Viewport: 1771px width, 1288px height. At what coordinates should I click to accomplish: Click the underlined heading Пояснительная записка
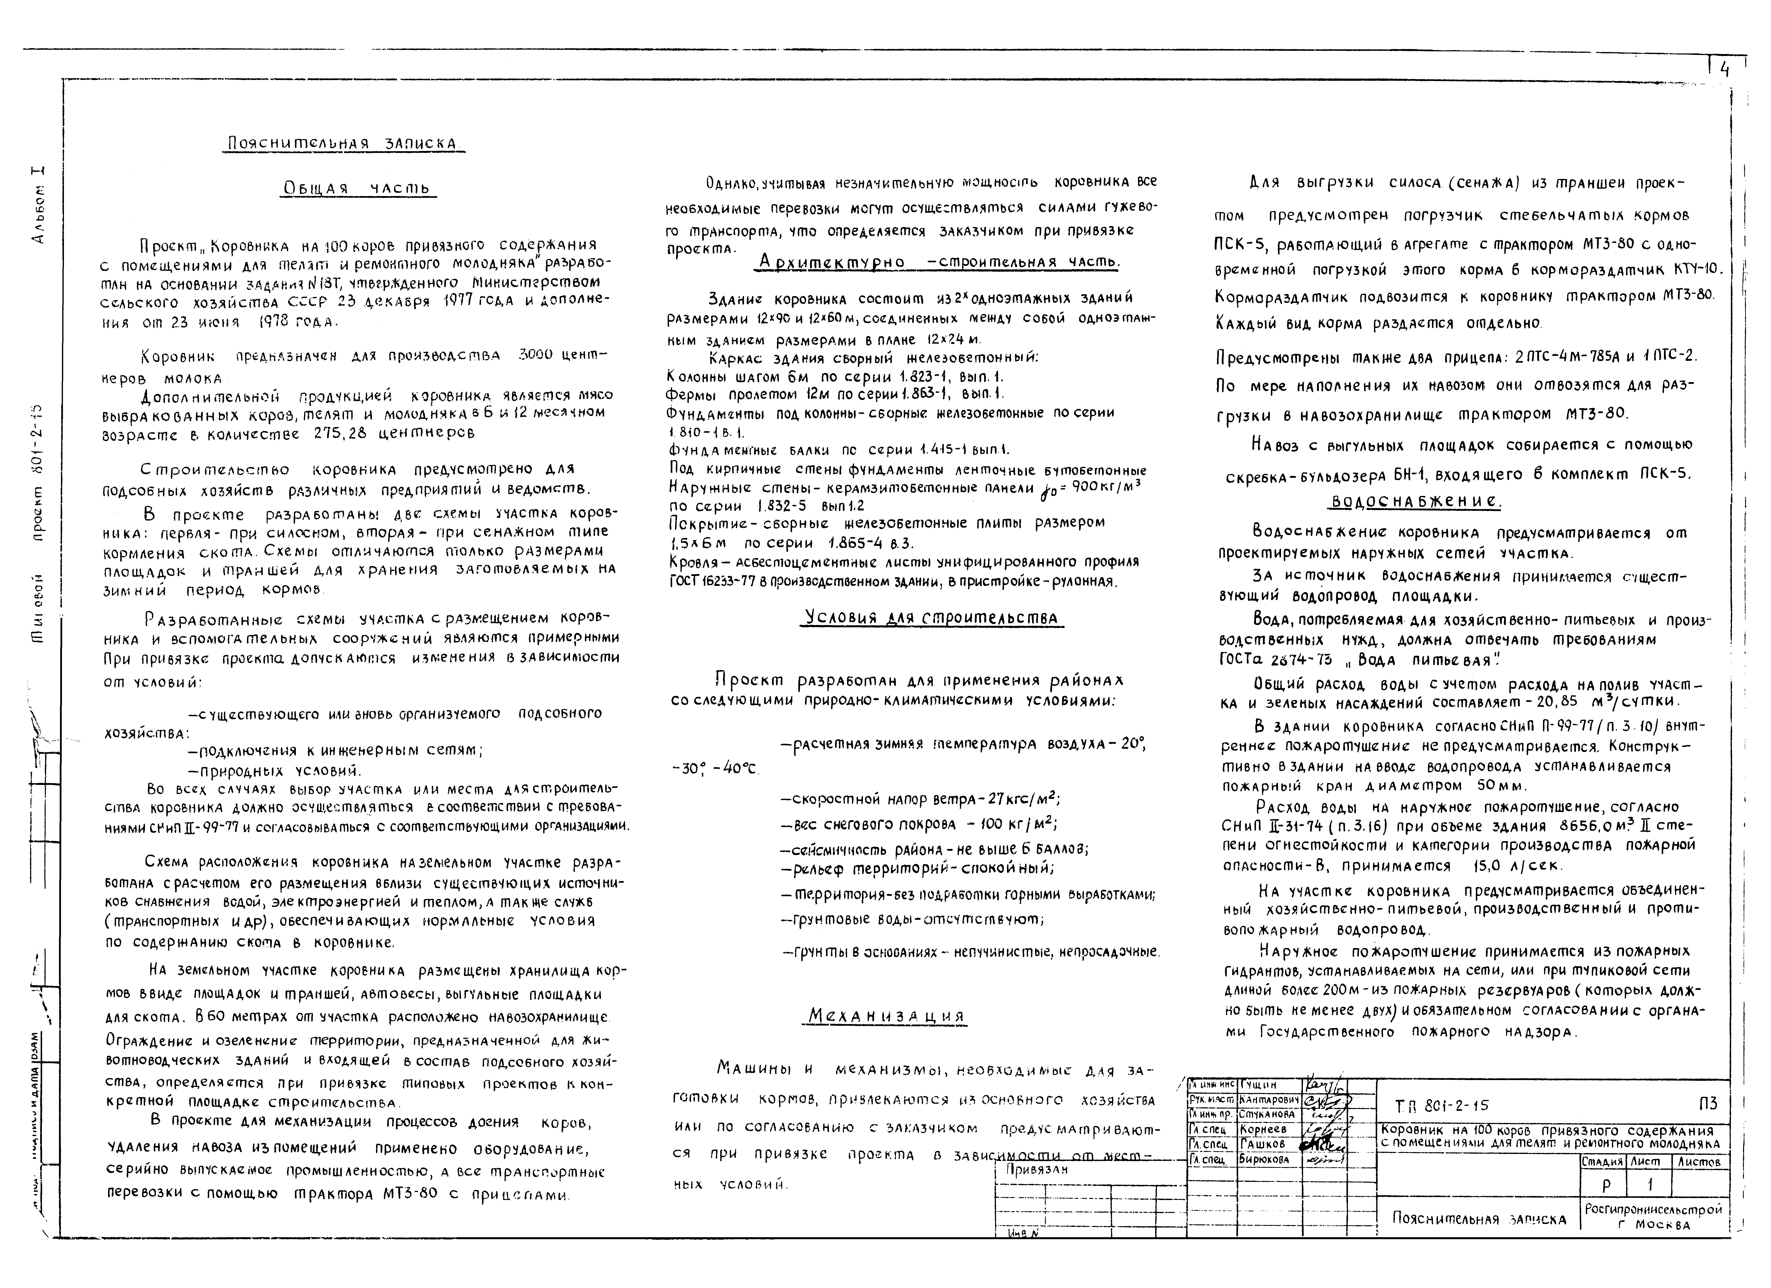343,144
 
